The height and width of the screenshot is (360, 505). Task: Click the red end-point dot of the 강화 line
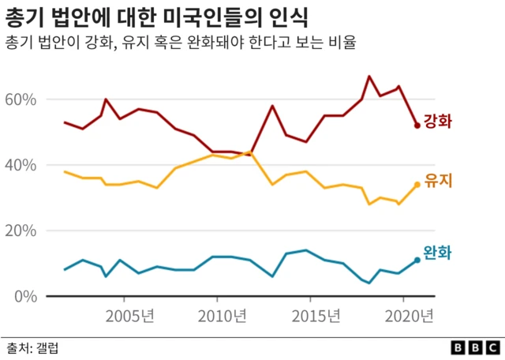click(x=417, y=126)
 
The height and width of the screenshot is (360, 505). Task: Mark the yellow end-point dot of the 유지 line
click(x=417, y=185)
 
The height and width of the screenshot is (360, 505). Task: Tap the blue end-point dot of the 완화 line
click(x=417, y=261)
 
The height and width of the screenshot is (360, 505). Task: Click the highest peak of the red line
click(x=368, y=77)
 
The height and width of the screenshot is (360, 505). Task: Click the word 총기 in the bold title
click(x=23, y=16)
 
